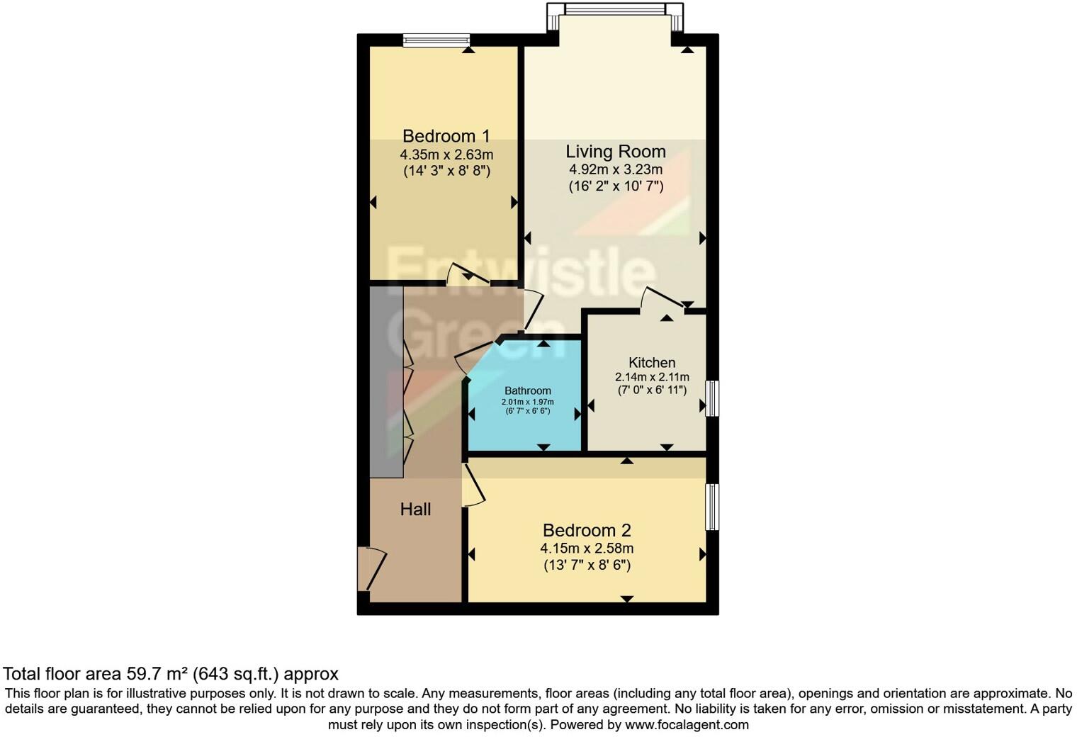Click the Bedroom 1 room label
point(446,136)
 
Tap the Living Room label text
point(615,152)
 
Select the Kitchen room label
point(652,362)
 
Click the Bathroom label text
point(527,390)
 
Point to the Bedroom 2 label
point(587,530)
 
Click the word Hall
point(415,509)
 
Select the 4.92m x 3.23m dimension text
point(615,170)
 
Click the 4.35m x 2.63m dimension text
point(446,154)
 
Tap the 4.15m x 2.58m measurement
point(587,548)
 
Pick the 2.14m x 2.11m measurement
point(652,377)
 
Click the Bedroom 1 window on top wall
point(436,40)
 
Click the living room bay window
point(615,10)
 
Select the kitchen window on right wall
point(712,398)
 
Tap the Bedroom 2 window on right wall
point(712,507)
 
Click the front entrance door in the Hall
point(371,568)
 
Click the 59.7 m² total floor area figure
point(155,673)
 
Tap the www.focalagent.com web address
point(687,725)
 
